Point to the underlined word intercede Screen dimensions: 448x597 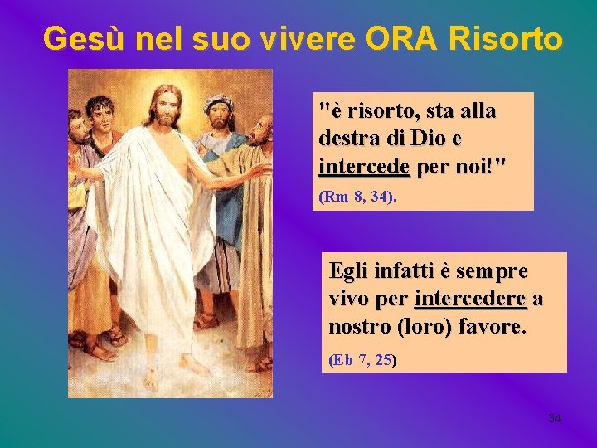pyautogui.click(x=364, y=166)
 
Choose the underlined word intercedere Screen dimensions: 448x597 pyautogui.click(x=472, y=299)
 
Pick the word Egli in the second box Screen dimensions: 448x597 pyautogui.click(x=351, y=270)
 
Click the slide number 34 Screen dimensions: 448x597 pyautogui.click(x=555, y=418)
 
